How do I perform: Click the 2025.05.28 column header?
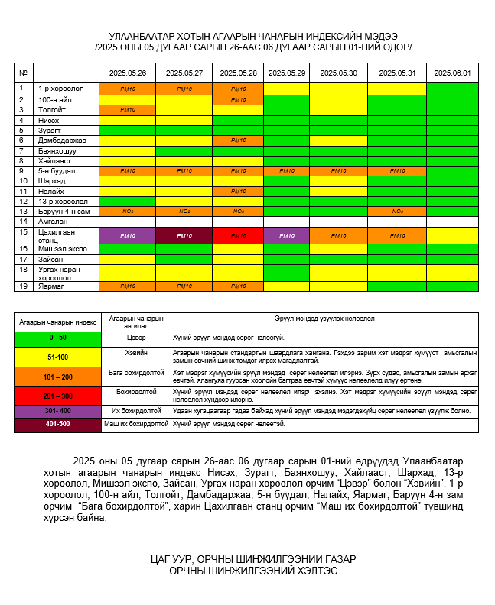[x=237, y=73]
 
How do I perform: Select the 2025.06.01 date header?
[x=452, y=73]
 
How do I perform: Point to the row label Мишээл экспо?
[x=60, y=249]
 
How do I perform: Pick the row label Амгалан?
[x=54, y=221]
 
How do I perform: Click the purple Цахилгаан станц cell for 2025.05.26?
[x=128, y=235]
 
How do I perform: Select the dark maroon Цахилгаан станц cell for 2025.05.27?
[x=184, y=235]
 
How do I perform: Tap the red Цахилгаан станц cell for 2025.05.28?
[x=237, y=235]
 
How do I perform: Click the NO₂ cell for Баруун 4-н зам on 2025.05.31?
[x=398, y=211]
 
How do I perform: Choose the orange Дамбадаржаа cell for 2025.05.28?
[x=237, y=141]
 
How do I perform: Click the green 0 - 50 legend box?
[x=57, y=337]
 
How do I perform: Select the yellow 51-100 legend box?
[x=57, y=357]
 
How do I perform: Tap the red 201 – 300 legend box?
[x=57, y=396]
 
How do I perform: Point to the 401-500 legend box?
[x=57, y=424]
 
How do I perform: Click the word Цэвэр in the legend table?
[x=135, y=337]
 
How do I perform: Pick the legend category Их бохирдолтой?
[x=135, y=411]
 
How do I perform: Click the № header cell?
[x=23, y=73]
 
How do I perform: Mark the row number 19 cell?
[x=23, y=286]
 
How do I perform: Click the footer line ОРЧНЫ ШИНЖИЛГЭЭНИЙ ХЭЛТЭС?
[x=252, y=571]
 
